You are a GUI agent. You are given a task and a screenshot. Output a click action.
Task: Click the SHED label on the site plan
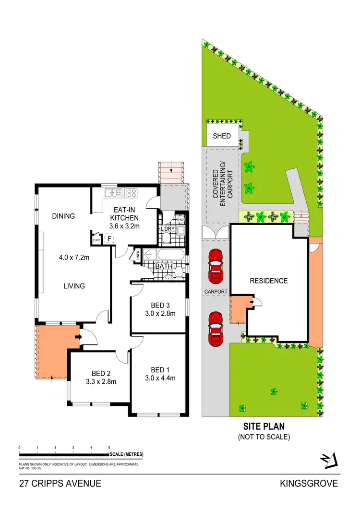tap(222, 136)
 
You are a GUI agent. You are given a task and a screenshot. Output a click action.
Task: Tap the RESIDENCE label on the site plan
tap(268, 281)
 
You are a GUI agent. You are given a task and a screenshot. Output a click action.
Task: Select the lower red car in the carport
tap(216, 329)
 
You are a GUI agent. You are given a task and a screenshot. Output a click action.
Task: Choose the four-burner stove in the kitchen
tap(132, 193)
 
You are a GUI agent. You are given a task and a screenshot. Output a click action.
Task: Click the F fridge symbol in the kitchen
tap(109, 238)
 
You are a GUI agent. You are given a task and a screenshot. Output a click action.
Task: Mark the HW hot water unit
tap(181, 220)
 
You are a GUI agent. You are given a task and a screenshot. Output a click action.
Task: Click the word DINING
tap(63, 216)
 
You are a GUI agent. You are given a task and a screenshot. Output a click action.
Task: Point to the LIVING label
tap(74, 286)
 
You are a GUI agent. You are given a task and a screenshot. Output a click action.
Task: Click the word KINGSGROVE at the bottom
tap(309, 484)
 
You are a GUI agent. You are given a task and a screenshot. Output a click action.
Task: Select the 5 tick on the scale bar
tap(109, 448)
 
